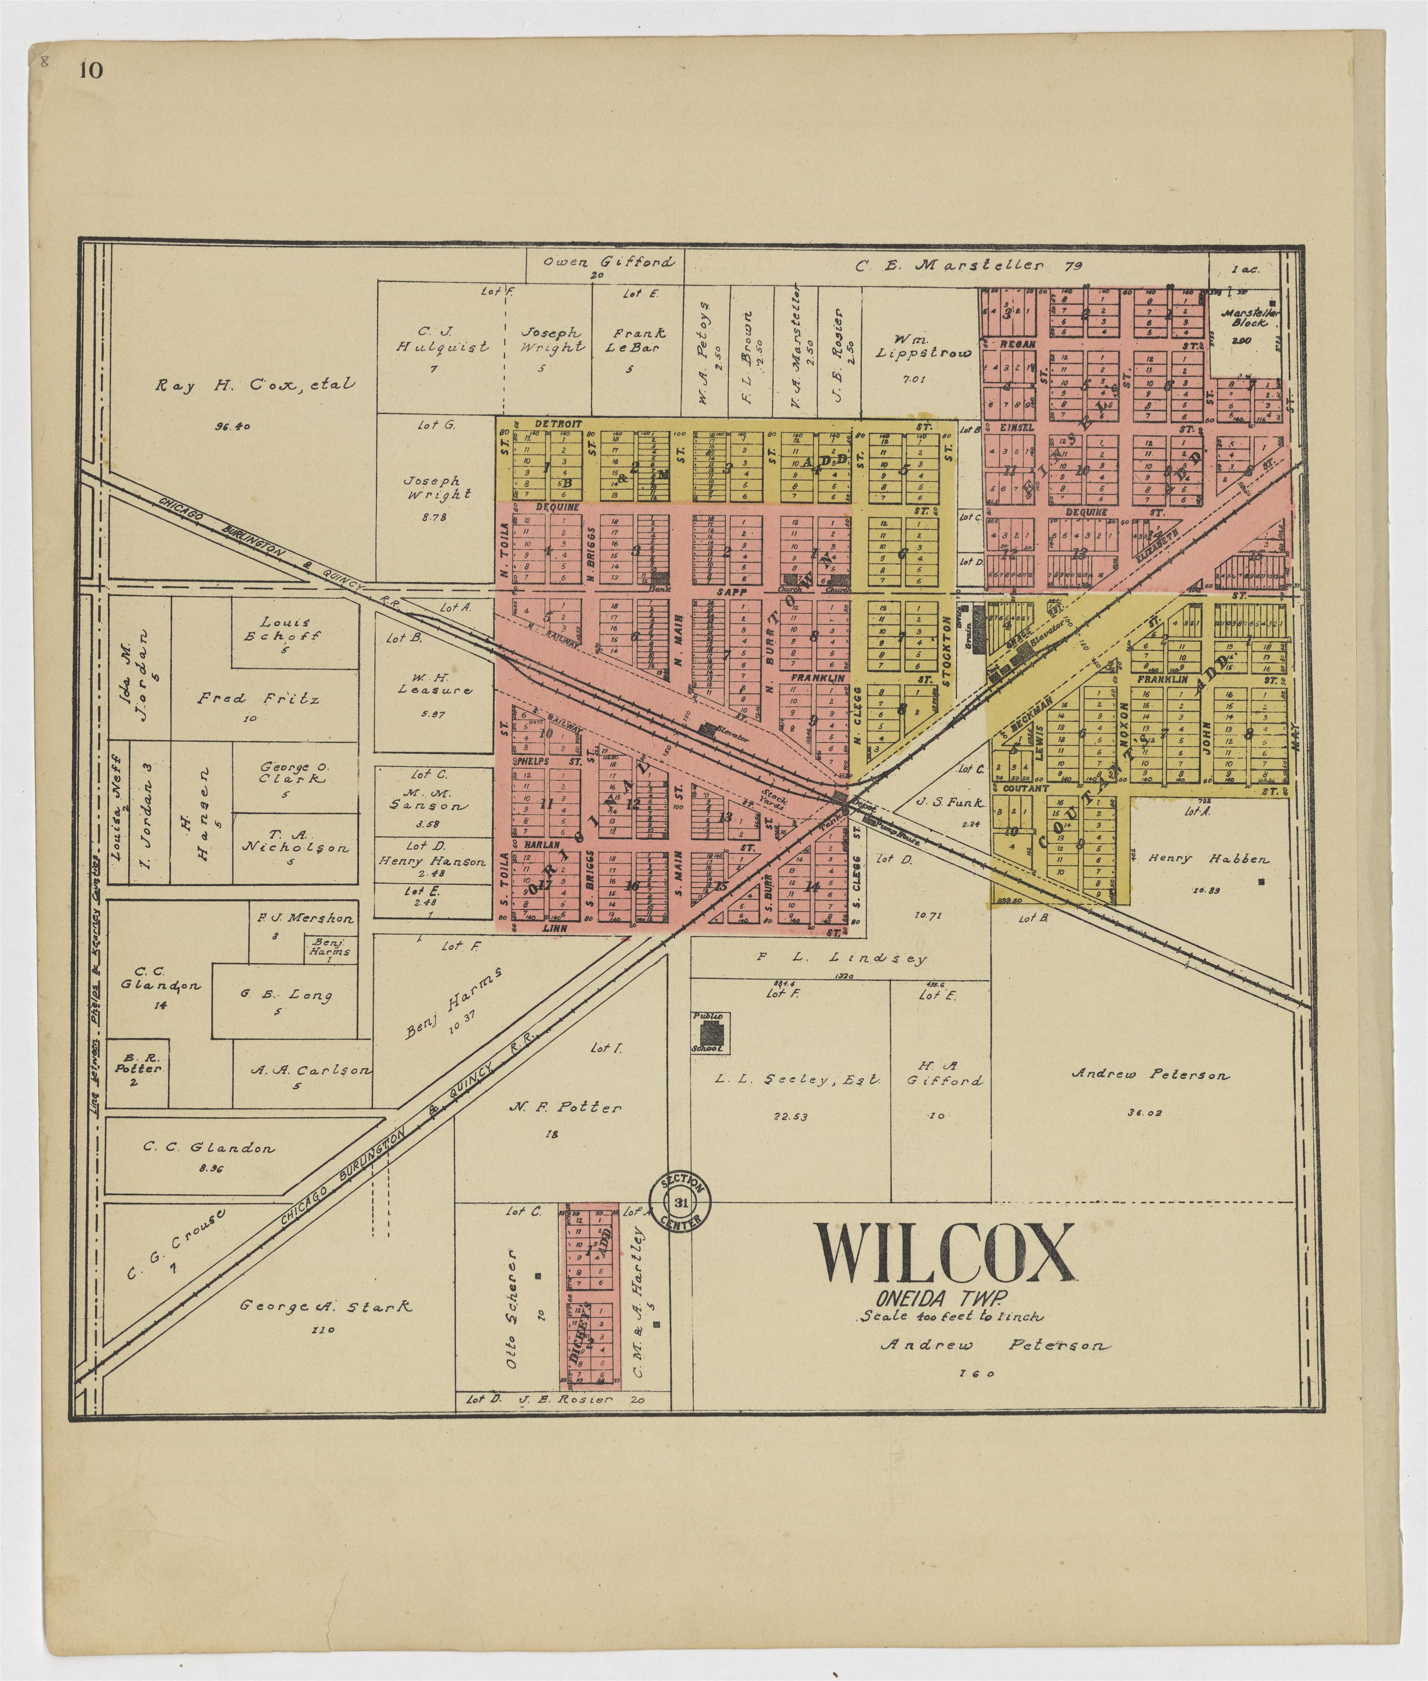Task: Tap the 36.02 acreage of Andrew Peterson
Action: pos(1144,1114)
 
